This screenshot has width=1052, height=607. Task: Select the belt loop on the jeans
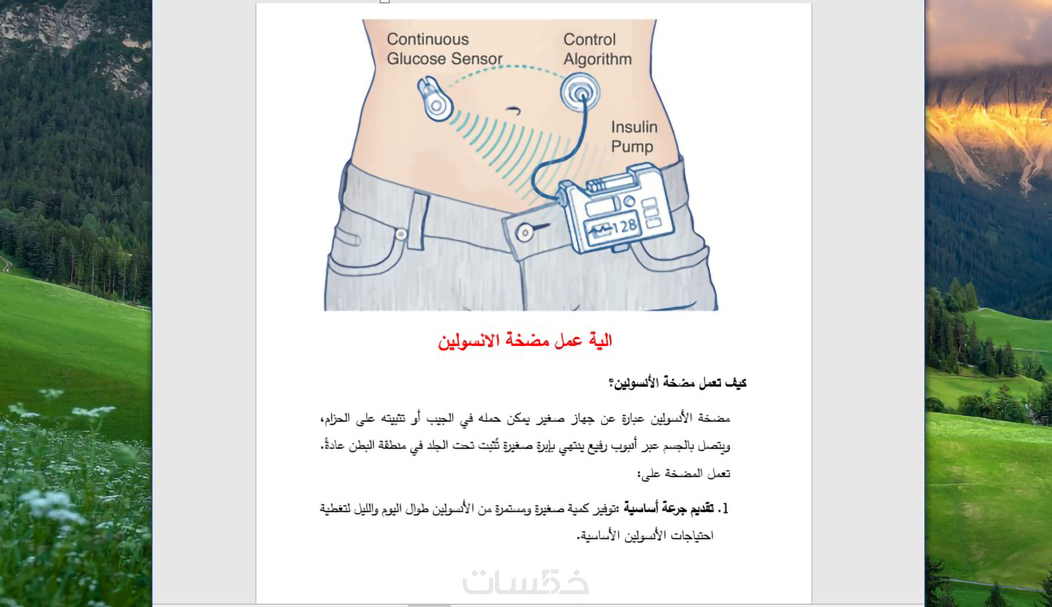click(418, 221)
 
